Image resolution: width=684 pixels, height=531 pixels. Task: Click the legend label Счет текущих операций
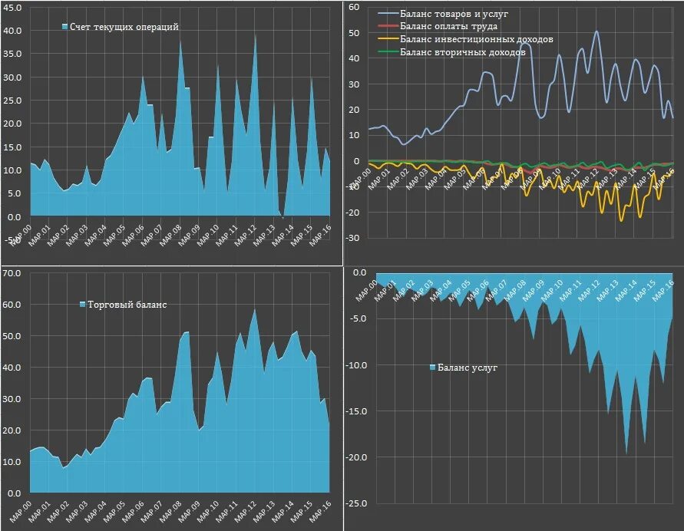(124, 27)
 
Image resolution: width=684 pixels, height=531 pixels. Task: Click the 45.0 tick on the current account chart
(13, 8)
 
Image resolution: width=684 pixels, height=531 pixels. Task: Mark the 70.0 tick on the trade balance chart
(13, 273)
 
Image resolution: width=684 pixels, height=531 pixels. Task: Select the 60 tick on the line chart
(354, 7)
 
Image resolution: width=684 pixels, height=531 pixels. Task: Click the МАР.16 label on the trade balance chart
(320, 507)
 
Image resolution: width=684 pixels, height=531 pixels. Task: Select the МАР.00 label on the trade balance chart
(21, 507)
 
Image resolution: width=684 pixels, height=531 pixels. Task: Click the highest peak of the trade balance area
(255, 309)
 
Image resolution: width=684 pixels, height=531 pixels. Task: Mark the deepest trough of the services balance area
(626, 454)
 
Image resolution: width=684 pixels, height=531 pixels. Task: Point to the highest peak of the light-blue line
(596, 31)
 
